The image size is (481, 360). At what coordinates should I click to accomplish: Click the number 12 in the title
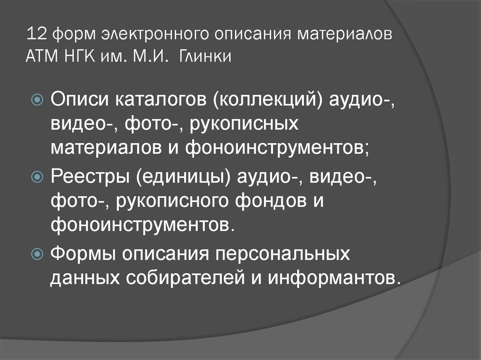pos(35,36)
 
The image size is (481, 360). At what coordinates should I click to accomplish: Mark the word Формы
pos(84,254)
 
